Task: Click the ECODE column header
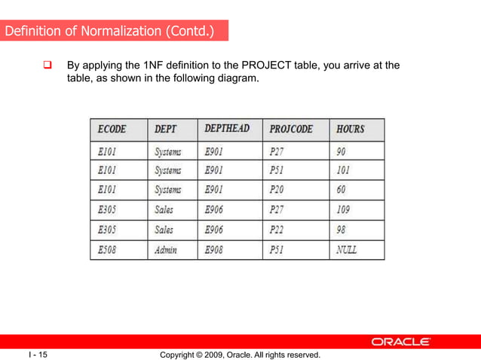click(x=112, y=130)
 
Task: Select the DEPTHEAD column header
click(x=227, y=129)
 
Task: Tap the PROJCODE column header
click(x=290, y=130)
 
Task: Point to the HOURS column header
click(x=351, y=130)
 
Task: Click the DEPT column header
click(x=166, y=130)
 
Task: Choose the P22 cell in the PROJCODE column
click(x=277, y=229)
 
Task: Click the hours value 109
click(x=345, y=209)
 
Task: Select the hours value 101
click(x=344, y=170)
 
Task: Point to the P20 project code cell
click(x=277, y=190)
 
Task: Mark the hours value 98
click(x=342, y=229)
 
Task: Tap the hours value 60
click(x=342, y=190)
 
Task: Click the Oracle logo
click(x=400, y=342)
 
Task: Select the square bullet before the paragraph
click(x=47, y=66)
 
